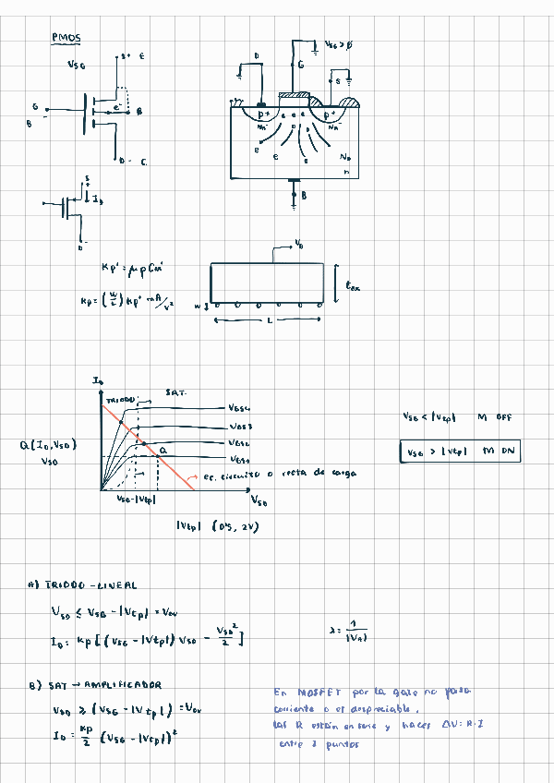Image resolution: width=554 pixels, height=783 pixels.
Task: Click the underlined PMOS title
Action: [66, 38]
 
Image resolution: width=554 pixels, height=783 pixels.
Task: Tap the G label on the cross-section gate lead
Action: [301, 66]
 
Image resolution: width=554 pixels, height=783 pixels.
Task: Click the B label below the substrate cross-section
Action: [304, 196]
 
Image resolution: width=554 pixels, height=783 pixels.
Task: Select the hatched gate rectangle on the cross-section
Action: [294, 95]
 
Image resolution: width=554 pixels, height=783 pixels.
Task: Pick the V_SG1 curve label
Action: [239, 459]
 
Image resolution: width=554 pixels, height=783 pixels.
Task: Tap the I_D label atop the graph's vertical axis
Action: [98, 381]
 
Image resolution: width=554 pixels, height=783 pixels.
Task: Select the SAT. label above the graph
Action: [175, 392]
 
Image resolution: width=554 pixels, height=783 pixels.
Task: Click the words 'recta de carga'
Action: [326, 473]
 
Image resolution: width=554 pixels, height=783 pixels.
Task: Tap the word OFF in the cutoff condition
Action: [502, 417]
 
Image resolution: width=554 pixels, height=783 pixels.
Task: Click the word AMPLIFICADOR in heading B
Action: [126, 685]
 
